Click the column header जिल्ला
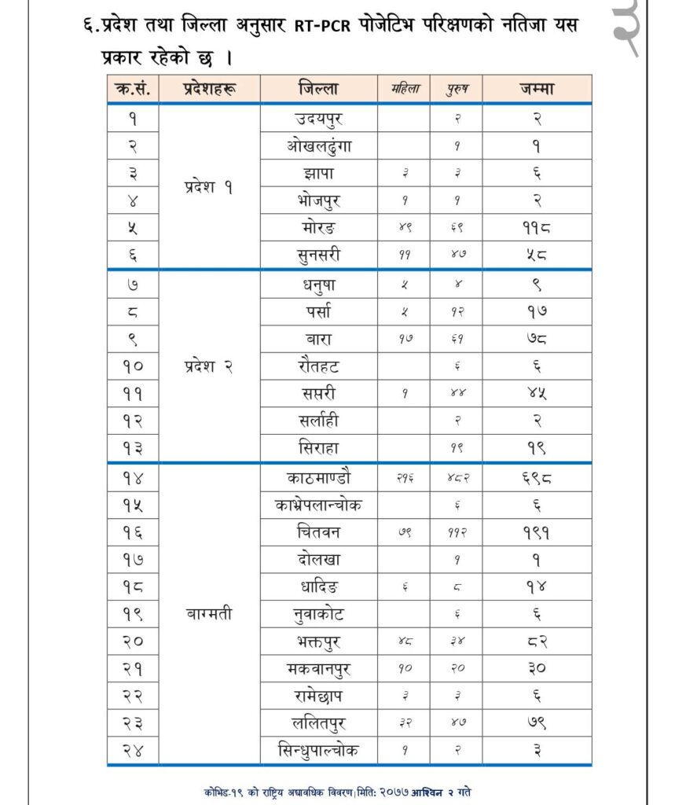(x=319, y=89)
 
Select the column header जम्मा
(x=537, y=89)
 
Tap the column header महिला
(x=405, y=90)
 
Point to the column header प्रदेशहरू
(x=209, y=89)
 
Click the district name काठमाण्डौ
(x=319, y=477)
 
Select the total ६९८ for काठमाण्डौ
(x=537, y=477)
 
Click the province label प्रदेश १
(x=209, y=188)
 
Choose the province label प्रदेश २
(x=209, y=366)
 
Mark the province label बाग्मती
(x=209, y=613)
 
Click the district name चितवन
(x=319, y=531)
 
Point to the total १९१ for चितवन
(x=537, y=531)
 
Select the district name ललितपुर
(x=319, y=722)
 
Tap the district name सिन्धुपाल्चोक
(x=319, y=749)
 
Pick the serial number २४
(x=133, y=749)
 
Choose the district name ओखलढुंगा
(x=319, y=145)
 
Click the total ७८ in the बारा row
(x=537, y=338)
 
